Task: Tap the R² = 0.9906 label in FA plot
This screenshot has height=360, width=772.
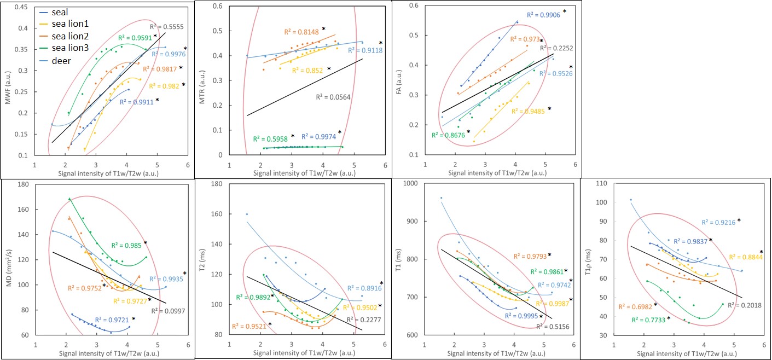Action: [x=544, y=15]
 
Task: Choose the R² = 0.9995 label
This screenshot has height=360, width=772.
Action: [x=521, y=315]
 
